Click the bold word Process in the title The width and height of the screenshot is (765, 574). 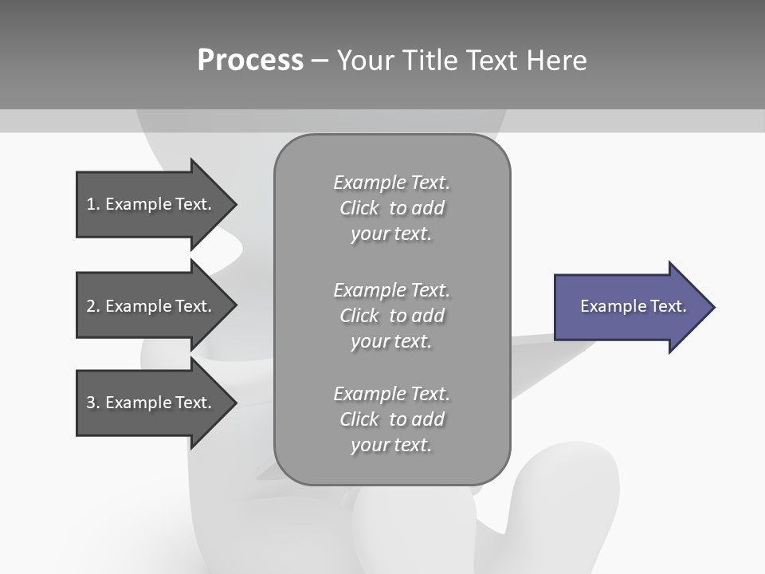click(250, 61)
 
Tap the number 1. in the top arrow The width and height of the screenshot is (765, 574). click(93, 204)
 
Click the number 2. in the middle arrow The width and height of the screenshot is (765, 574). click(93, 306)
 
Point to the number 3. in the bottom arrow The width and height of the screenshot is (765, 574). click(93, 403)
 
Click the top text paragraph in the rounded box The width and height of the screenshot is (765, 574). click(391, 208)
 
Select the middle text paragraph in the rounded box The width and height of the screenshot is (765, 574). click(391, 316)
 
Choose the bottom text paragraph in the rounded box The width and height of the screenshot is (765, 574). click(391, 419)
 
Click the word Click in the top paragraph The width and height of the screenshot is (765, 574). click(359, 208)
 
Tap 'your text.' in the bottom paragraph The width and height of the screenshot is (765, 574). click(391, 445)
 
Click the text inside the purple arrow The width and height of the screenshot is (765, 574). click(634, 306)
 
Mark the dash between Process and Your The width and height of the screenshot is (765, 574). click(320, 61)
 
